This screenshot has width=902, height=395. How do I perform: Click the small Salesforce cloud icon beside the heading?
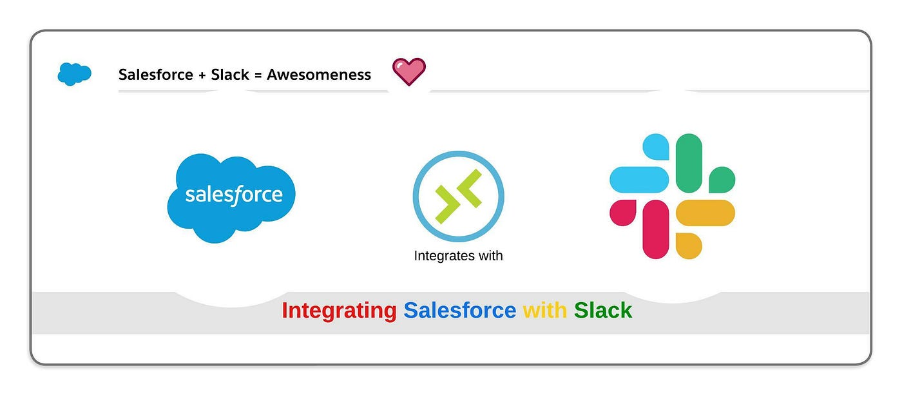pos(75,74)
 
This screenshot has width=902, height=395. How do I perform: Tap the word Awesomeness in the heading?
pos(319,75)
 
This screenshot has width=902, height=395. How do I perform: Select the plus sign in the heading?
pos(202,75)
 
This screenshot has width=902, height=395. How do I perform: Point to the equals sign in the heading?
pos(258,75)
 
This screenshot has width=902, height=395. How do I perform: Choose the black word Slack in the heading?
pos(230,75)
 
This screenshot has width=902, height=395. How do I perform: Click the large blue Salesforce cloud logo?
pos(231,198)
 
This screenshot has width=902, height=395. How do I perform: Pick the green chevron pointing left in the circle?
pos(469,188)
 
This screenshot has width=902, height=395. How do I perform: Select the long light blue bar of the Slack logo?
pos(639,180)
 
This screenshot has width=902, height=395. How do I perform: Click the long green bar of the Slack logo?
pos(689,163)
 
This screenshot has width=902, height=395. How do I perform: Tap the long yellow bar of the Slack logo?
pos(705,213)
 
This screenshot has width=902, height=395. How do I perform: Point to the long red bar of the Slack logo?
pos(656,229)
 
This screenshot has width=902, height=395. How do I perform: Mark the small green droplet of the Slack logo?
pos(722,180)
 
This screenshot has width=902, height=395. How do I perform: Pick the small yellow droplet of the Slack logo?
pos(689,246)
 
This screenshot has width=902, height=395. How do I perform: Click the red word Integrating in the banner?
pos(339,311)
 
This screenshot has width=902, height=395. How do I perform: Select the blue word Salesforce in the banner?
pos(459,311)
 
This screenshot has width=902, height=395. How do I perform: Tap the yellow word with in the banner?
pos(544,311)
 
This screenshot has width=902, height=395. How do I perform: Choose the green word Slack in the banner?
pos(603,311)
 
